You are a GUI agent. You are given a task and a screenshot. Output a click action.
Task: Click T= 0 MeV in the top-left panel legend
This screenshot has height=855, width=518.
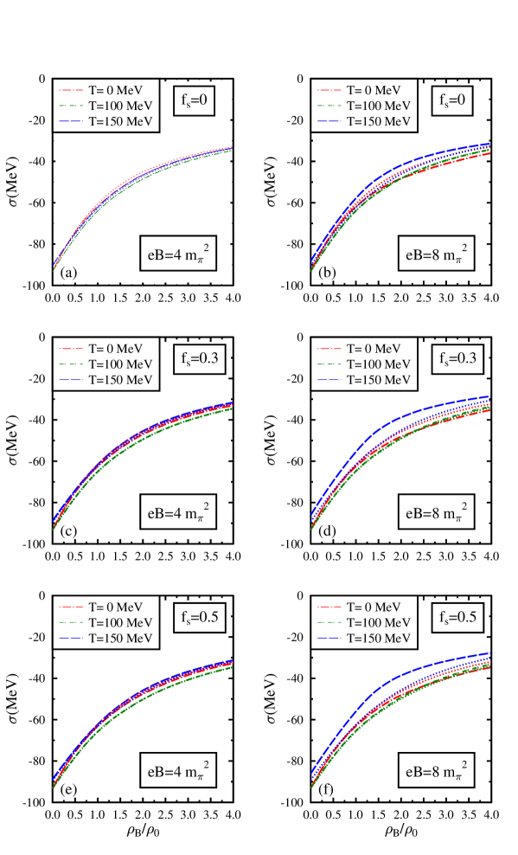[x=120, y=89]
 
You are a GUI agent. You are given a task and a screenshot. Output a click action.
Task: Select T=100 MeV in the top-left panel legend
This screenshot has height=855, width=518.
[x=120, y=106]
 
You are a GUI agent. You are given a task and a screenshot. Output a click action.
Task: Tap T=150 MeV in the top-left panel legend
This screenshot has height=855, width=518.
[x=120, y=122]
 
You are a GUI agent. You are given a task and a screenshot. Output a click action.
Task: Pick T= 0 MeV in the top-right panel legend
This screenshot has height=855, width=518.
[x=379, y=89]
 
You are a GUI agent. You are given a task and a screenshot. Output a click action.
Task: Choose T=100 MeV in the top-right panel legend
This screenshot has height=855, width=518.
[x=379, y=106]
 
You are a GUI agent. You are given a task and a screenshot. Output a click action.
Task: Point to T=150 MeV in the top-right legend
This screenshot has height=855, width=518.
[x=379, y=122]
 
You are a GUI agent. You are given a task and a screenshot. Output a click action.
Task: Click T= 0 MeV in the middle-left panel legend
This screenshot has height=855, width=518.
[x=120, y=348]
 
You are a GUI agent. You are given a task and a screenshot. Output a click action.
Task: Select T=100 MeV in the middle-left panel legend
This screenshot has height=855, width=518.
[x=120, y=364]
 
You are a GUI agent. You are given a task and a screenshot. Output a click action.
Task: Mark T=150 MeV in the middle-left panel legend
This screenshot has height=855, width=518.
[x=120, y=381]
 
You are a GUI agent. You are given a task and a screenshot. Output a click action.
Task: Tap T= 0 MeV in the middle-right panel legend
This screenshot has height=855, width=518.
[x=379, y=348]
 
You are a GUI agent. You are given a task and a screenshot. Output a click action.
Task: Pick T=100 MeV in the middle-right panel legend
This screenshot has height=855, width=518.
[x=379, y=364]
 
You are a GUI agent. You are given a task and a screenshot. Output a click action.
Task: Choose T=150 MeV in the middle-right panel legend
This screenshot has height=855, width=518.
[x=379, y=381]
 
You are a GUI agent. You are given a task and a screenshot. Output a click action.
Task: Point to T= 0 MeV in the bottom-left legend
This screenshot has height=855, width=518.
[x=120, y=606]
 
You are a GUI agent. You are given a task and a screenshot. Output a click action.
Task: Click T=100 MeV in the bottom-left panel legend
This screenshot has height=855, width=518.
[x=120, y=622]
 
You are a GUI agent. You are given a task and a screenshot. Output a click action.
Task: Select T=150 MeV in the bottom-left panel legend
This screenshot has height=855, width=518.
[x=120, y=639]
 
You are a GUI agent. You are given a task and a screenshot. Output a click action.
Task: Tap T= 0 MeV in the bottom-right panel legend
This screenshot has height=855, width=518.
[x=379, y=606]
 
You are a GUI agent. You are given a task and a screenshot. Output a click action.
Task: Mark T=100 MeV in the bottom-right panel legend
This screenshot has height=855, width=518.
[x=379, y=622]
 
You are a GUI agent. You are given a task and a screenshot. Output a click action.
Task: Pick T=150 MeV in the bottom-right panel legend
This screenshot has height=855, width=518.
[x=379, y=639]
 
